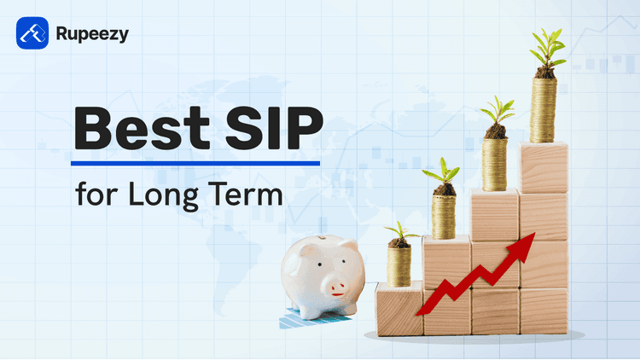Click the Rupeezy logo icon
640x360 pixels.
[32, 35]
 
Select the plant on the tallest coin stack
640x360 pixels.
[545, 49]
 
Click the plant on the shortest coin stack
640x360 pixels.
[399, 233]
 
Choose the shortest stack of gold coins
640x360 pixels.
[399, 266]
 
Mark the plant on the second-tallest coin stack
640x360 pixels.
[495, 115]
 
